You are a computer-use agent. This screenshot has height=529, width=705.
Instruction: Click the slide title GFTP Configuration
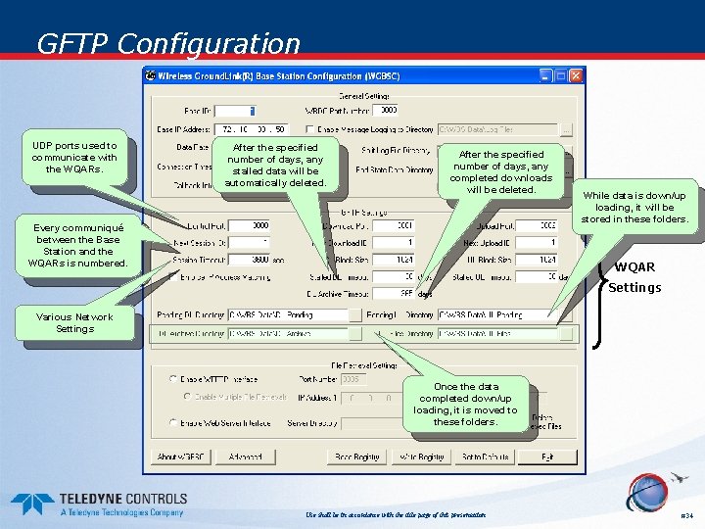168,44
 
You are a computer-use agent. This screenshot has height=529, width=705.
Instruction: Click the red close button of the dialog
577,74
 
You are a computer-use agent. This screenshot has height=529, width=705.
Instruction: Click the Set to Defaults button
486,457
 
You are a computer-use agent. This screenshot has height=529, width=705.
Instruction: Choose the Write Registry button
419,457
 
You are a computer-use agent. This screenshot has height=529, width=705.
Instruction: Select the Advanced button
245,457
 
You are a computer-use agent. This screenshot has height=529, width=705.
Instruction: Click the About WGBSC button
183,457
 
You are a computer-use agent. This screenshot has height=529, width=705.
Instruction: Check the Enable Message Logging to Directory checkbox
310,128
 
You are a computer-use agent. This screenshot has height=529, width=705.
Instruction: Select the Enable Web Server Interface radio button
174,423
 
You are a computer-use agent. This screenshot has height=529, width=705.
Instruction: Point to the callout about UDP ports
74,157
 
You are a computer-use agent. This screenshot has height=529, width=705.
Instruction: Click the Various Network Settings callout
74,323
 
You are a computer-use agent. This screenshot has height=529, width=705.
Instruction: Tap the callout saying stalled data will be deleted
275,165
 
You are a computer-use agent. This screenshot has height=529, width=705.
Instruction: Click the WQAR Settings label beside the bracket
634,277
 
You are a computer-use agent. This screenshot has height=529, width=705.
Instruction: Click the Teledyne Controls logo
98,504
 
